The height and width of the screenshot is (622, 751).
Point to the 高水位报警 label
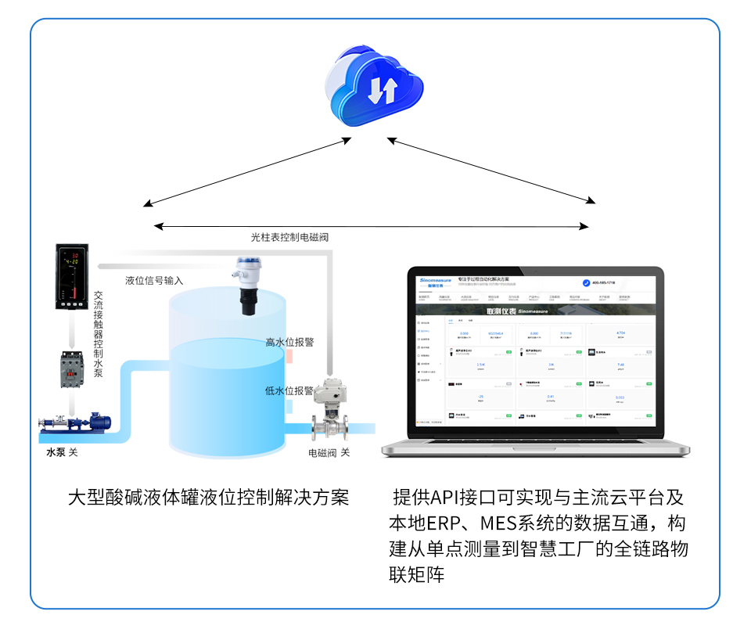(x=289, y=342)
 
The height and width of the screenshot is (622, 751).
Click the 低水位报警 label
(x=289, y=390)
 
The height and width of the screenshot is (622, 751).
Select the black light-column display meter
(x=70, y=277)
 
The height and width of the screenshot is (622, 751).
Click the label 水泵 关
(x=62, y=452)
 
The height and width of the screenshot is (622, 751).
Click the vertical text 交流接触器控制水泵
(x=99, y=334)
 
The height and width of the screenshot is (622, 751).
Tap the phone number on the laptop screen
(x=603, y=282)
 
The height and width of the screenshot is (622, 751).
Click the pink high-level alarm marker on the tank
(x=289, y=356)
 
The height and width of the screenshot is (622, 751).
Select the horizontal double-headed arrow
(x=372, y=227)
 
